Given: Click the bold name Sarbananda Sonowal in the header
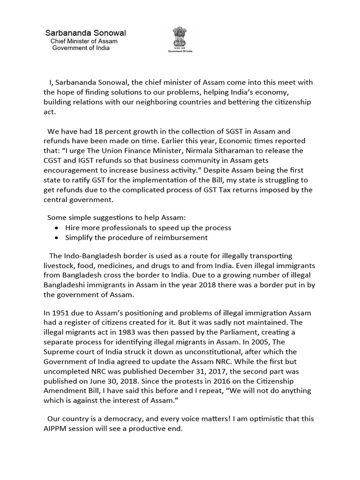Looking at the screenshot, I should [x=85, y=33].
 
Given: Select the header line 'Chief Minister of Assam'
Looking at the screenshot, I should [x=84, y=41].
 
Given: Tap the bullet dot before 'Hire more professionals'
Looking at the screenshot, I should [x=57, y=228].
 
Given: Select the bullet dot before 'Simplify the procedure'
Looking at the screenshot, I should [x=57, y=238].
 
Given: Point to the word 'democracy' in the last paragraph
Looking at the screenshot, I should [x=112, y=419].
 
